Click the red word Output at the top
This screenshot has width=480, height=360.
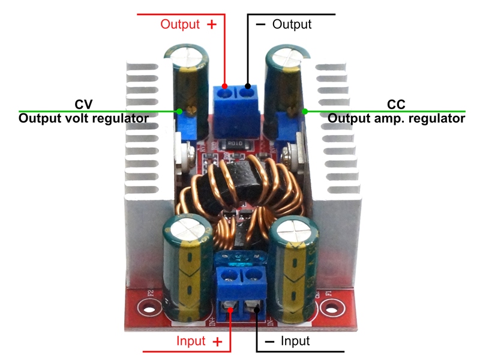pos(179,25)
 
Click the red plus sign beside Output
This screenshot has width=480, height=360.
pos(211,25)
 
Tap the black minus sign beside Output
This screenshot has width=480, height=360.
pos(260,25)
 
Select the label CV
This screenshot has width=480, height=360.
pos(84,104)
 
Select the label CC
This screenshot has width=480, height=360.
pos(396,104)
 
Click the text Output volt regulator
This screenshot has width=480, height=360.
pos(83,118)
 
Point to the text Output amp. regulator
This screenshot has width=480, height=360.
pos(396,118)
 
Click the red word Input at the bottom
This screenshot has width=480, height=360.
pos(191,341)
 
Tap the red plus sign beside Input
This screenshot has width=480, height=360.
pos(218,341)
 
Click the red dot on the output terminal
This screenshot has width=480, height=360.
pos(224,85)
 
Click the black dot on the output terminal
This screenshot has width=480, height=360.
pos(247,85)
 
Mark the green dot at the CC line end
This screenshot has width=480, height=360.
pos(305,111)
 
